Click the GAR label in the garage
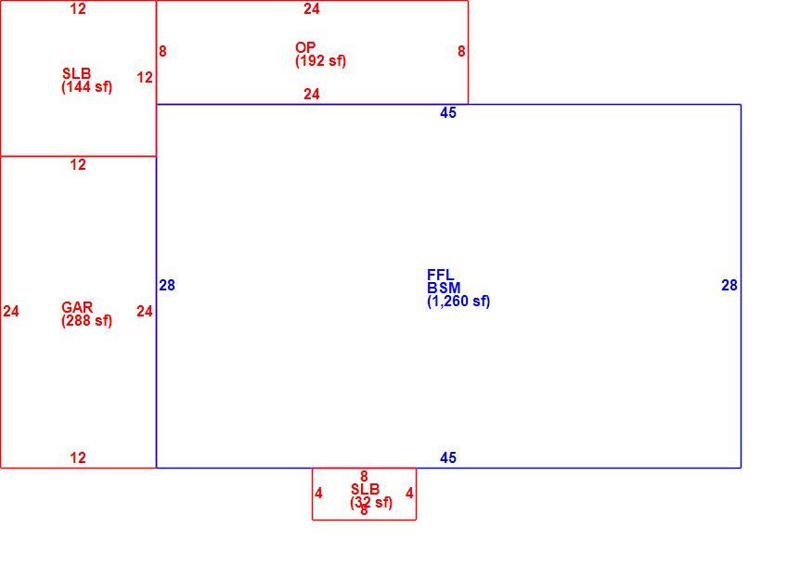pyautogui.click(x=77, y=307)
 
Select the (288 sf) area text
pyautogui.click(x=86, y=321)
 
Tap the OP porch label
pyautogui.click(x=305, y=47)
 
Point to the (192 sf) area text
pyautogui.click(x=320, y=60)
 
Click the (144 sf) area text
pyautogui.click(x=86, y=87)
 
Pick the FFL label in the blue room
pyautogui.click(x=440, y=275)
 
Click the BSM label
pyautogui.click(x=444, y=288)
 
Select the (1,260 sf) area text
pyautogui.click(x=458, y=301)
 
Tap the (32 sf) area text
pyautogui.click(x=371, y=502)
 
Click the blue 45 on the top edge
pyautogui.click(x=448, y=113)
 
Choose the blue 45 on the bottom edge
pyautogui.click(x=448, y=457)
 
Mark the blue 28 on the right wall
pyautogui.click(x=729, y=286)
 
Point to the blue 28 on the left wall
pyautogui.click(x=167, y=286)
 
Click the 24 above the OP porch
pyautogui.click(x=312, y=9)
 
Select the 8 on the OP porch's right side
pyautogui.click(x=461, y=51)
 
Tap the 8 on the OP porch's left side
pyautogui.click(x=162, y=51)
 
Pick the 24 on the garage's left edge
pyautogui.click(x=11, y=312)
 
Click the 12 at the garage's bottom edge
pyautogui.click(x=78, y=457)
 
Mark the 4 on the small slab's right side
pyautogui.click(x=409, y=494)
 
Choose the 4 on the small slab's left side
pyautogui.click(x=318, y=494)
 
